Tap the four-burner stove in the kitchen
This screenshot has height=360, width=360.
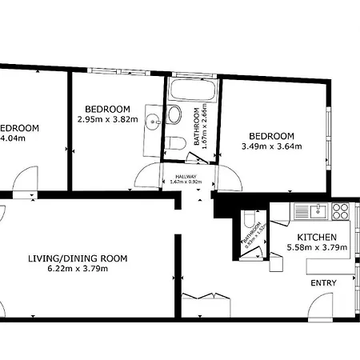(x=340, y=211)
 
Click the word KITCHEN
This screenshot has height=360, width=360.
(x=316, y=238)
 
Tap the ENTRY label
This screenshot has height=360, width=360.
(x=322, y=283)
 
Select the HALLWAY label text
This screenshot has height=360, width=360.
(x=186, y=176)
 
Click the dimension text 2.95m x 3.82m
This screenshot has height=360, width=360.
(x=108, y=119)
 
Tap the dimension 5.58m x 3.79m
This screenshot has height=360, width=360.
(x=316, y=247)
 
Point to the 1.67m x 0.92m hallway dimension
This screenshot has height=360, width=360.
(x=186, y=182)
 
